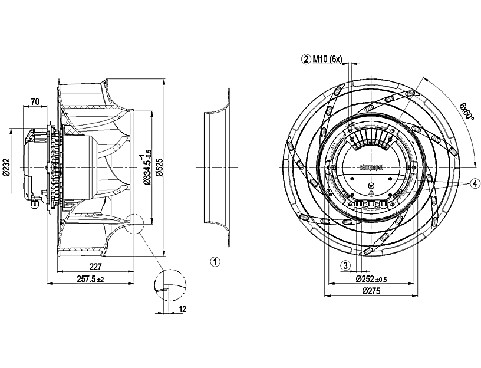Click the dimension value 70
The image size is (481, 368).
point(35,102)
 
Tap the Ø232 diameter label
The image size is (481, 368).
point(6,168)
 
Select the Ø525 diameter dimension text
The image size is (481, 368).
point(159,168)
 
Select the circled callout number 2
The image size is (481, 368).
point(306,58)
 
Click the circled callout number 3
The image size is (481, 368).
point(346,265)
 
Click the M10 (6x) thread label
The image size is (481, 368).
point(328,58)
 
